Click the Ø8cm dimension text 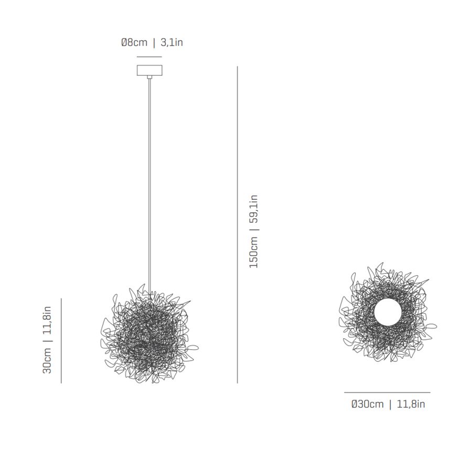click(134, 42)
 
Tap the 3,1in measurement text click(171, 42)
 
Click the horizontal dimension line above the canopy click(149, 57)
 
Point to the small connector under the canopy click(149, 77)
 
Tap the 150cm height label click(253, 252)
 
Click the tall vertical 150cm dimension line click(237, 224)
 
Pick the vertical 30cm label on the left click(47, 361)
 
